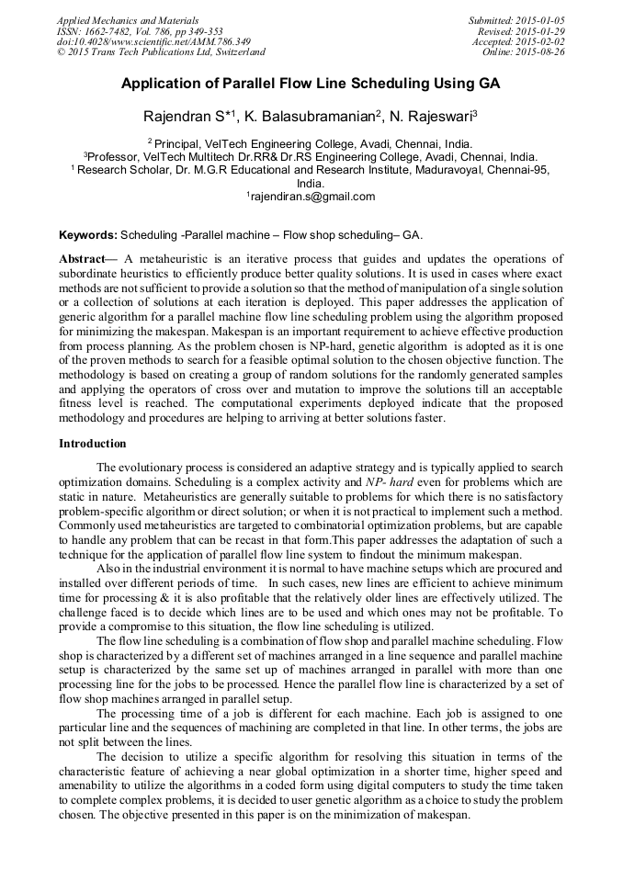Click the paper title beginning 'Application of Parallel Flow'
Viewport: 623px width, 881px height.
click(311, 84)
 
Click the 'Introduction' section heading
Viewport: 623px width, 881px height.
click(93, 443)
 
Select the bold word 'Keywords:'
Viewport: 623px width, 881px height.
click(88, 234)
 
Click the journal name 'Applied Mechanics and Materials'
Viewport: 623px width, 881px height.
click(128, 20)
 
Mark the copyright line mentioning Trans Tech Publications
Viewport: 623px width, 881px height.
click(161, 52)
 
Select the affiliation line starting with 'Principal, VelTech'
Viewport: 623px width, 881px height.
click(312, 143)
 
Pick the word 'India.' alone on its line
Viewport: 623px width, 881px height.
click(311, 182)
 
